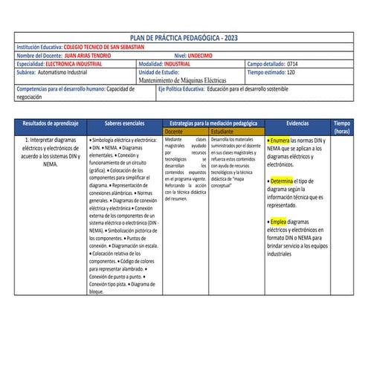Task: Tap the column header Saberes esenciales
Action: pyautogui.click(x=124, y=123)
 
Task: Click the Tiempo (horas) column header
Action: pyautogui.click(x=342, y=126)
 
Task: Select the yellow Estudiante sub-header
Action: pyautogui.click(x=222, y=131)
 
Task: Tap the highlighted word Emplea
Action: pyautogui.click(x=278, y=222)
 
